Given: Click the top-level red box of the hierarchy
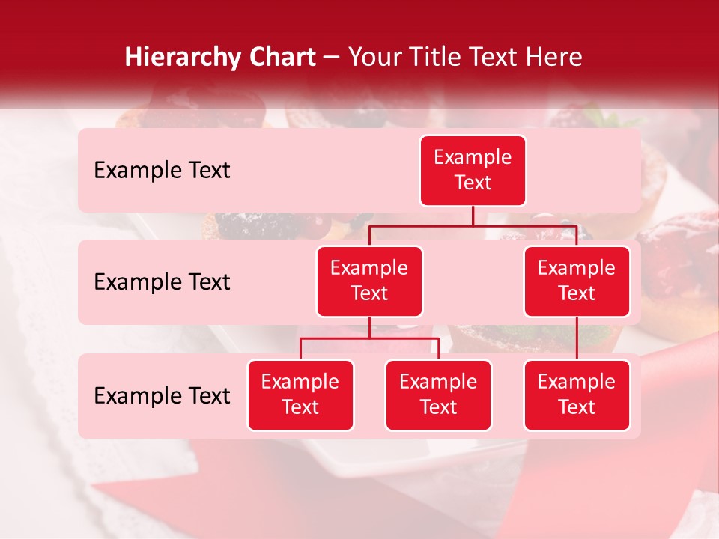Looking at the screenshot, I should (473, 170).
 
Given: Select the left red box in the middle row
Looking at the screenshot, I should (369, 281).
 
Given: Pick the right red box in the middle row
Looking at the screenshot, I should (577, 281).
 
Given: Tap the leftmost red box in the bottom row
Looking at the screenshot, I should (300, 395).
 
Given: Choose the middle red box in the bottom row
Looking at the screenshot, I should (438, 395).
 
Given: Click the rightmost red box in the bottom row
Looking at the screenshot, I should (577, 395).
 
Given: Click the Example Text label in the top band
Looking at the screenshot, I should (162, 171).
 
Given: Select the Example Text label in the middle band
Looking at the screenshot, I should (162, 282).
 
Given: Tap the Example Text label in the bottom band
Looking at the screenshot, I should (162, 396).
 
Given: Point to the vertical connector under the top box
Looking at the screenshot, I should (473, 216).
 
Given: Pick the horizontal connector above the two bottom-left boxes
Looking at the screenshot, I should (369, 338).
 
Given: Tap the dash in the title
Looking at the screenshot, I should (332, 58).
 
